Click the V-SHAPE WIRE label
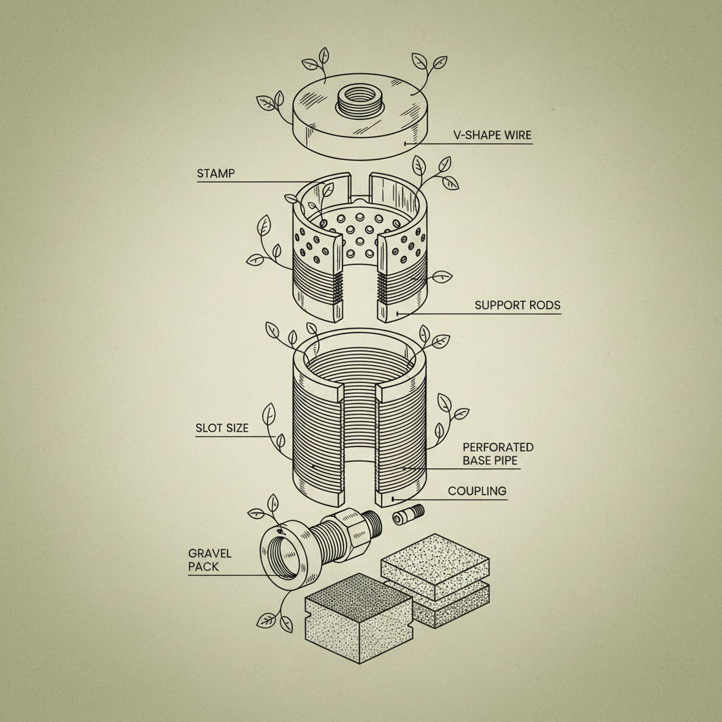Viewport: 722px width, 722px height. (491, 135)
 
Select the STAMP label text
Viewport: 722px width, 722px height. (215, 173)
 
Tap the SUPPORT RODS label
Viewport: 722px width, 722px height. (518, 305)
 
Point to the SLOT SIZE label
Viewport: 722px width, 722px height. (222, 428)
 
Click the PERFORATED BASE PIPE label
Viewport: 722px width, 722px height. (498, 454)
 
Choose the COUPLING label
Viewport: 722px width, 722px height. (477, 491)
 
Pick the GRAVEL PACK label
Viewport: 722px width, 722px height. (209, 560)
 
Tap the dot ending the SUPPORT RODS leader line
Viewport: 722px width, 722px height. (397, 313)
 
